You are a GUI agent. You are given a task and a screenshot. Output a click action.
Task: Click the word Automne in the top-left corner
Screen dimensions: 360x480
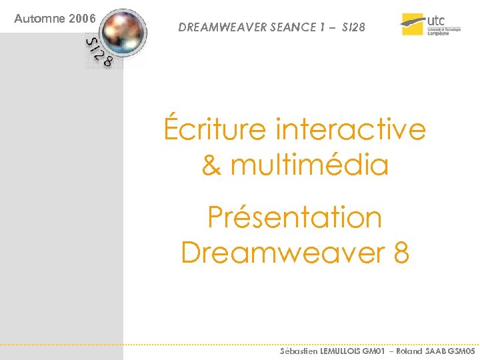coord(40,19)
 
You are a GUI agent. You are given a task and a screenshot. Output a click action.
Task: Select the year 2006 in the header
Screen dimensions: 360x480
coord(82,19)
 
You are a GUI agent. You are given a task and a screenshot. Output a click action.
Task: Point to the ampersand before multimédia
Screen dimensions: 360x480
coord(211,165)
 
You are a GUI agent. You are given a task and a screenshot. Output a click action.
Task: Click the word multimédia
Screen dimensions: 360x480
coord(309,165)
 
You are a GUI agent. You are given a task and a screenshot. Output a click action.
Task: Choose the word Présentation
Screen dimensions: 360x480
coord(294,217)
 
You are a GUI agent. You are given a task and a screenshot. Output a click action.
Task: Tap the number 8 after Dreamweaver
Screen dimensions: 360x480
coord(401,253)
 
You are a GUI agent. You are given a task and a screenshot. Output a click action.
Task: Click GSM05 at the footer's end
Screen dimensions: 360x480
coord(462,351)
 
